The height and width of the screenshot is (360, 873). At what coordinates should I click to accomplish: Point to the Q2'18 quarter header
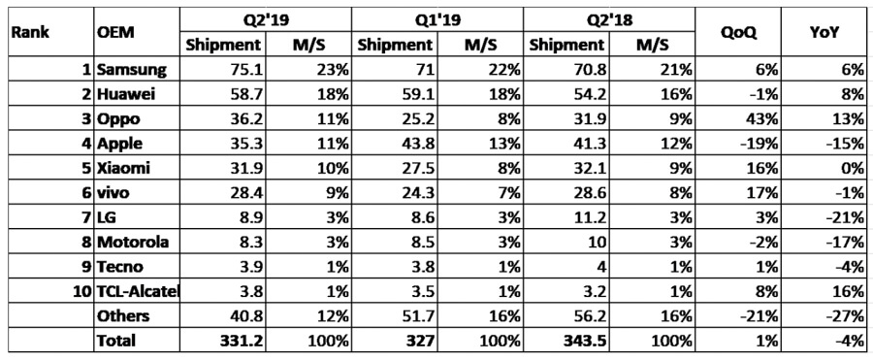tap(608, 19)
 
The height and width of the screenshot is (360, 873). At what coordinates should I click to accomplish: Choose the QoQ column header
tap(739, 31)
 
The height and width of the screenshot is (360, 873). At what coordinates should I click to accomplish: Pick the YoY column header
tap(824, 31)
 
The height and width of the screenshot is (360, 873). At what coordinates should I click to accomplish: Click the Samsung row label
tap(133, 70)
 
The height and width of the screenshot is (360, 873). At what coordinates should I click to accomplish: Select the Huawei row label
tap(127, 95)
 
